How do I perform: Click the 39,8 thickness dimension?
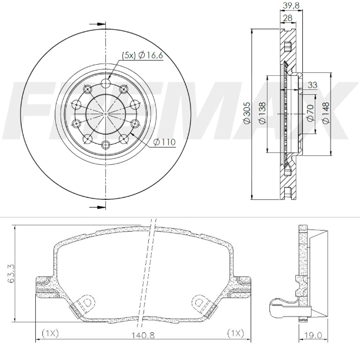click(x=288, y=5)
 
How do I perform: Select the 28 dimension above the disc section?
click(x=288, y=18)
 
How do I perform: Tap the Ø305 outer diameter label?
click(x=247, y=112)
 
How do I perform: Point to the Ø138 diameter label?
click(x=262, y=112)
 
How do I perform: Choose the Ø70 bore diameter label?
click(x=310, y=112)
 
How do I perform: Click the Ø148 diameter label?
click(x=325, y=112)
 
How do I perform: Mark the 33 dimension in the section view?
click(x=312, y=85)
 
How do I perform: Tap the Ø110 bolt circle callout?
click(x=164, y=142)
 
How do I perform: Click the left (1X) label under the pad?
click(x=51, y=334)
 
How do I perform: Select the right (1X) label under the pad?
click(x=236, y=334)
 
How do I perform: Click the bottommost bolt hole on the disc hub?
click(x=106, y=145)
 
